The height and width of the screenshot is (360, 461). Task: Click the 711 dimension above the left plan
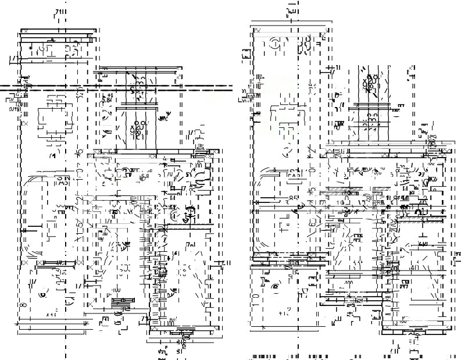59,12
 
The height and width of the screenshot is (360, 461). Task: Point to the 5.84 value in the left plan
106,100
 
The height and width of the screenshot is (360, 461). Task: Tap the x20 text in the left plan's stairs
137,126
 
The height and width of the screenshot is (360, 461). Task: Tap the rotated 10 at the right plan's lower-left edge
256,300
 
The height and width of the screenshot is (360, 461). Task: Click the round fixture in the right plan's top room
274,44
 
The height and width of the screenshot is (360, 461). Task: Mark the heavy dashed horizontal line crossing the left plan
116,88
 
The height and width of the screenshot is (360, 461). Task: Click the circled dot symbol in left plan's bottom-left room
42,295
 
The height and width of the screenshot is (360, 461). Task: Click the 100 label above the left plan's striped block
116,290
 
